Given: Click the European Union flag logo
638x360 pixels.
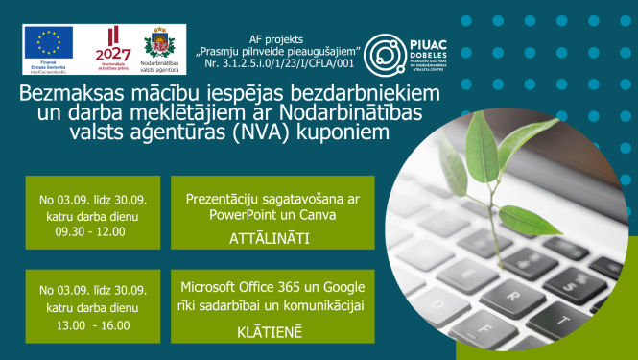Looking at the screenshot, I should [x=49, y=41].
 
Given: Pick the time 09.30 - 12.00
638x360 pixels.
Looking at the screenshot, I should [x=92, y=230].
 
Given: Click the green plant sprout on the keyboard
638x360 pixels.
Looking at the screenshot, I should [x=509, y=169].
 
